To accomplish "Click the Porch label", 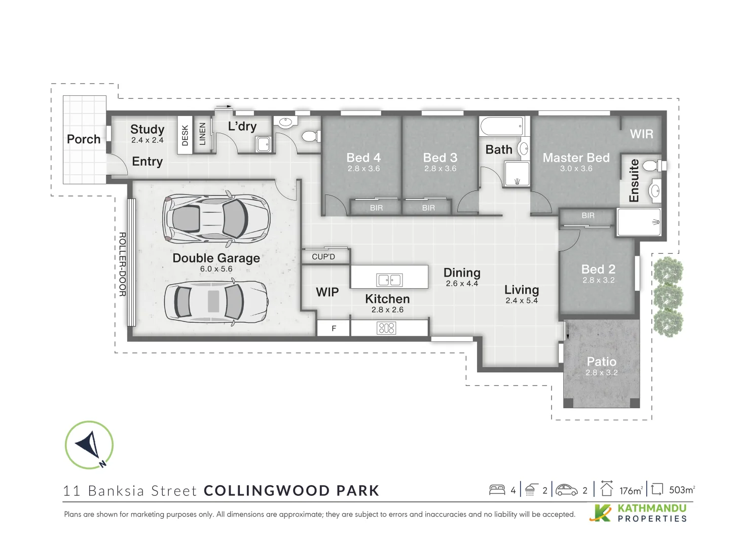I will click(84, 139).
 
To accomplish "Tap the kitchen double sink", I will click(389, 280).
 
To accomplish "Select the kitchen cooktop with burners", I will click(386, 328).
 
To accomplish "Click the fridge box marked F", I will click(334, 329).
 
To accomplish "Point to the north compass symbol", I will click(89, 445).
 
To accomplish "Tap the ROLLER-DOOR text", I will click(122, 264).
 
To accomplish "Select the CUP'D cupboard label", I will click(323, 257).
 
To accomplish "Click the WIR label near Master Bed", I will click(641, 134).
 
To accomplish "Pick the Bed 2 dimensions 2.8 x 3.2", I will click(598, 280).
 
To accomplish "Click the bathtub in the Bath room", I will click(501, 126).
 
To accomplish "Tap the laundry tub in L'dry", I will click(263, 144).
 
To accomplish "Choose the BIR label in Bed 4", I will click(376, 208).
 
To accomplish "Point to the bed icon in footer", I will click(497, 490).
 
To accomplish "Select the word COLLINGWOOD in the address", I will click(267, 491).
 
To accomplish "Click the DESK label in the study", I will click(185, 135).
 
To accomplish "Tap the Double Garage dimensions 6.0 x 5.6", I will click(216, 269).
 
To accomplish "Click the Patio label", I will click(601, 362).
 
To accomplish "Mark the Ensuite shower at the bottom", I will click(639, 222).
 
